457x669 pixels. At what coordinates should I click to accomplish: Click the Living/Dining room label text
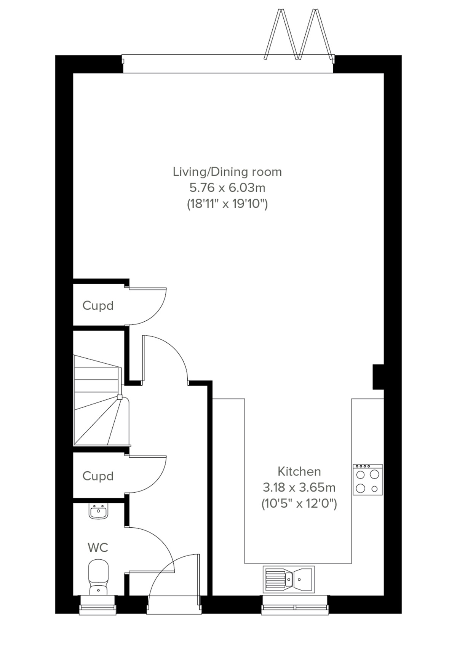coord(227,172)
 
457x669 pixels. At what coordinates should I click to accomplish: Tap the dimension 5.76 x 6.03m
coord(227,188)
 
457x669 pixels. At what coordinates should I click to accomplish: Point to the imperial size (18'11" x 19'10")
coord(227,204)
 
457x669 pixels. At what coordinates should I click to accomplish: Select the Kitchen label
coord(299,471)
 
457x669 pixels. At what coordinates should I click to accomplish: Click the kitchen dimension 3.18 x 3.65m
coord(299,487)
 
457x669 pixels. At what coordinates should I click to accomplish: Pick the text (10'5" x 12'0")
coord(299,504)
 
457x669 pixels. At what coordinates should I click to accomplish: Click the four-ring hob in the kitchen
coord(368,480)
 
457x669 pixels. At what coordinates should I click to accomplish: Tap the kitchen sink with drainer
coord(289,579)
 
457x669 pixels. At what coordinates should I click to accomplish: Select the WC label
coord(98,548)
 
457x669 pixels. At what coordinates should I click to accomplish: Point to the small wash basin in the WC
coord(99,511)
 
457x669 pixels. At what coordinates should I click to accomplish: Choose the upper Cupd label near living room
coord(98,306)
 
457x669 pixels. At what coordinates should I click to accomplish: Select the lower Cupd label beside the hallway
coord(98,476)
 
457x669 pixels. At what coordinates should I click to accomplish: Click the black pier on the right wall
coord(378,377)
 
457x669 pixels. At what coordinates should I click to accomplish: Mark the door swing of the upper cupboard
coord(152,308)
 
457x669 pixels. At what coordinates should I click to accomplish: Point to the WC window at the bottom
coord(97,605)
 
